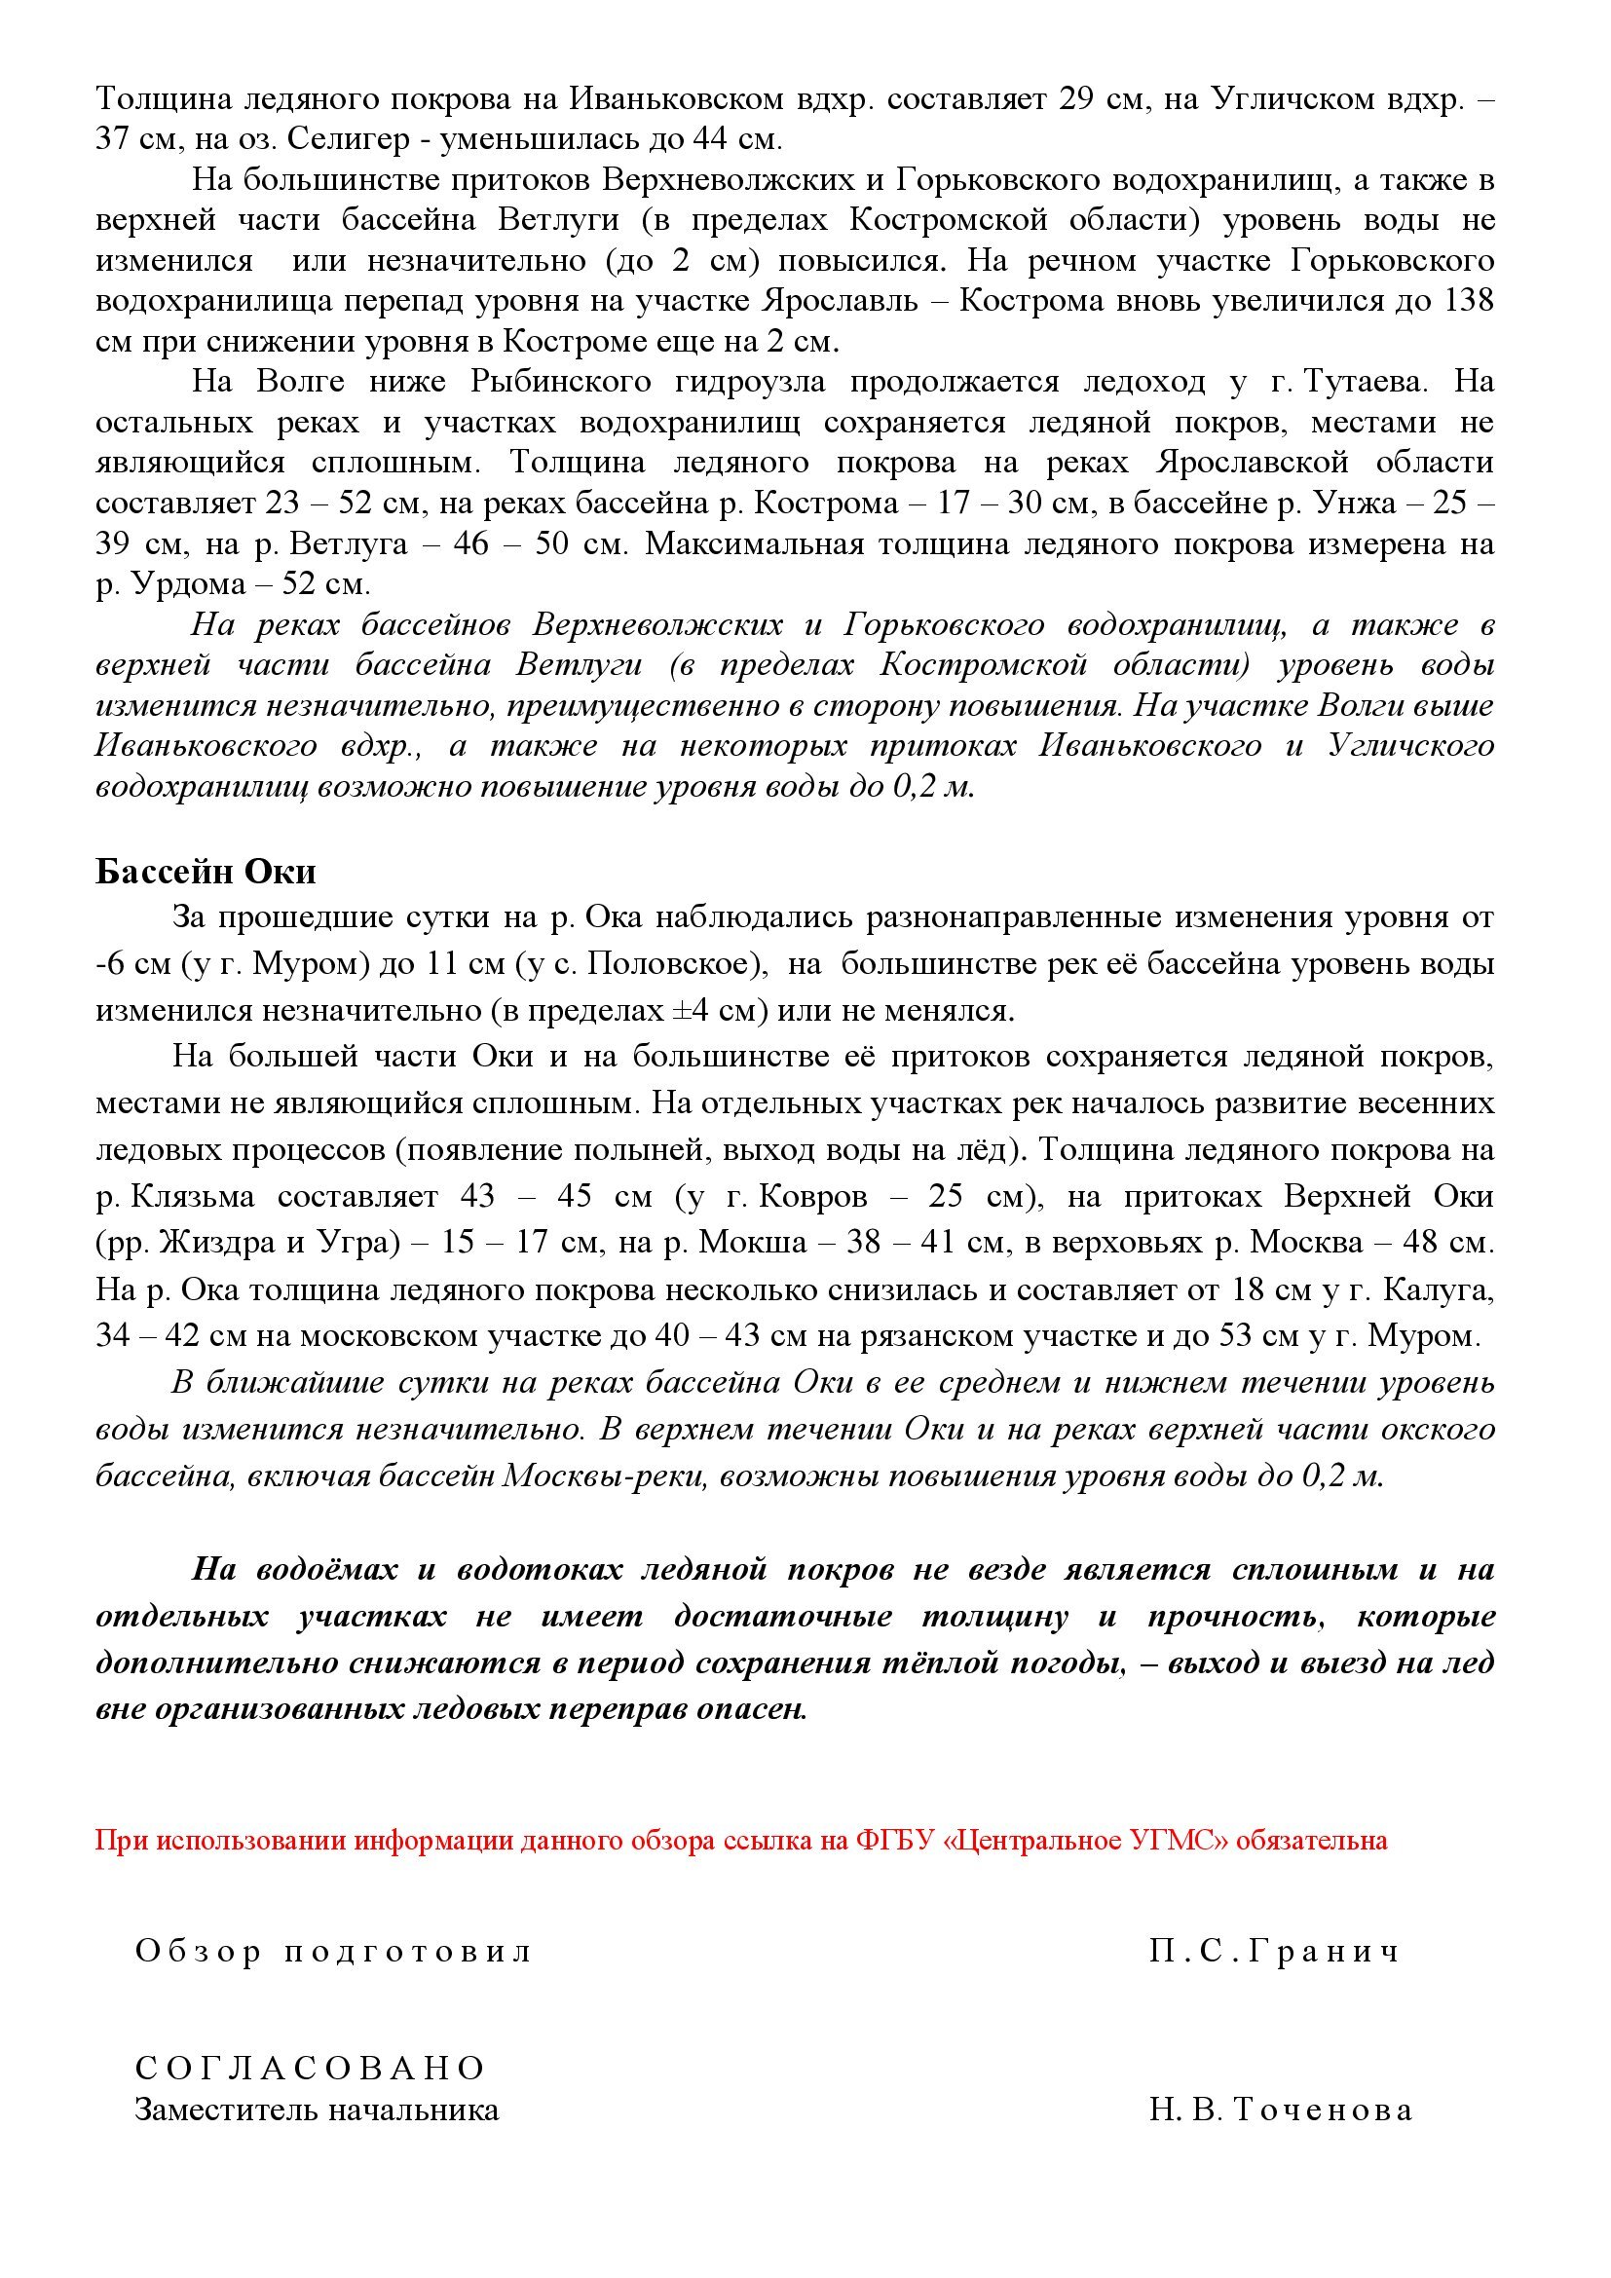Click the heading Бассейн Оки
[206, 871]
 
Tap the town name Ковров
[812, 1197]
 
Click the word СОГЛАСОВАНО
[311, 2068]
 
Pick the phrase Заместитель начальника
[317, 2110]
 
